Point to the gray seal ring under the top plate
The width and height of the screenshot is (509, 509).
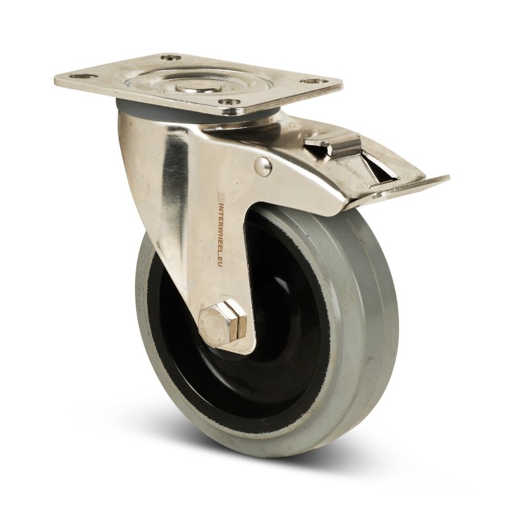point(127,102)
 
